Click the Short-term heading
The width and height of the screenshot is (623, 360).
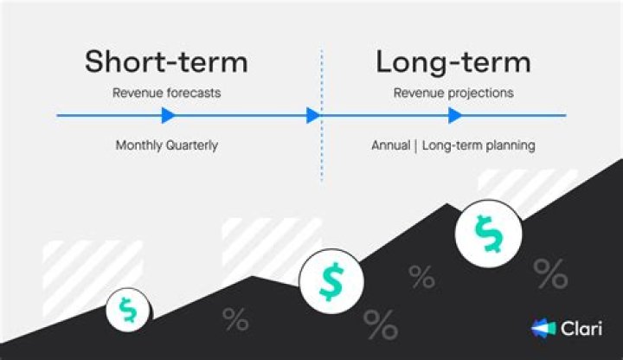166,62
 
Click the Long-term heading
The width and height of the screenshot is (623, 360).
453,62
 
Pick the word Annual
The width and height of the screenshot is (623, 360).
390,145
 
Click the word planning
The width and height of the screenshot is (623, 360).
509,145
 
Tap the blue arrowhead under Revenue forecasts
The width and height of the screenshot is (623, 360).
169,115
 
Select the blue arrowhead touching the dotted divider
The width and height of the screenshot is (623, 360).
313,115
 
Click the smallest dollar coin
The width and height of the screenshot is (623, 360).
128,310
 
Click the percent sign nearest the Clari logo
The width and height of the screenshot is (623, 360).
550,273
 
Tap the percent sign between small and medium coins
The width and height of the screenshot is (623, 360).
235,319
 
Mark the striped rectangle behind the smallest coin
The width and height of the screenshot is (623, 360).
87,264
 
